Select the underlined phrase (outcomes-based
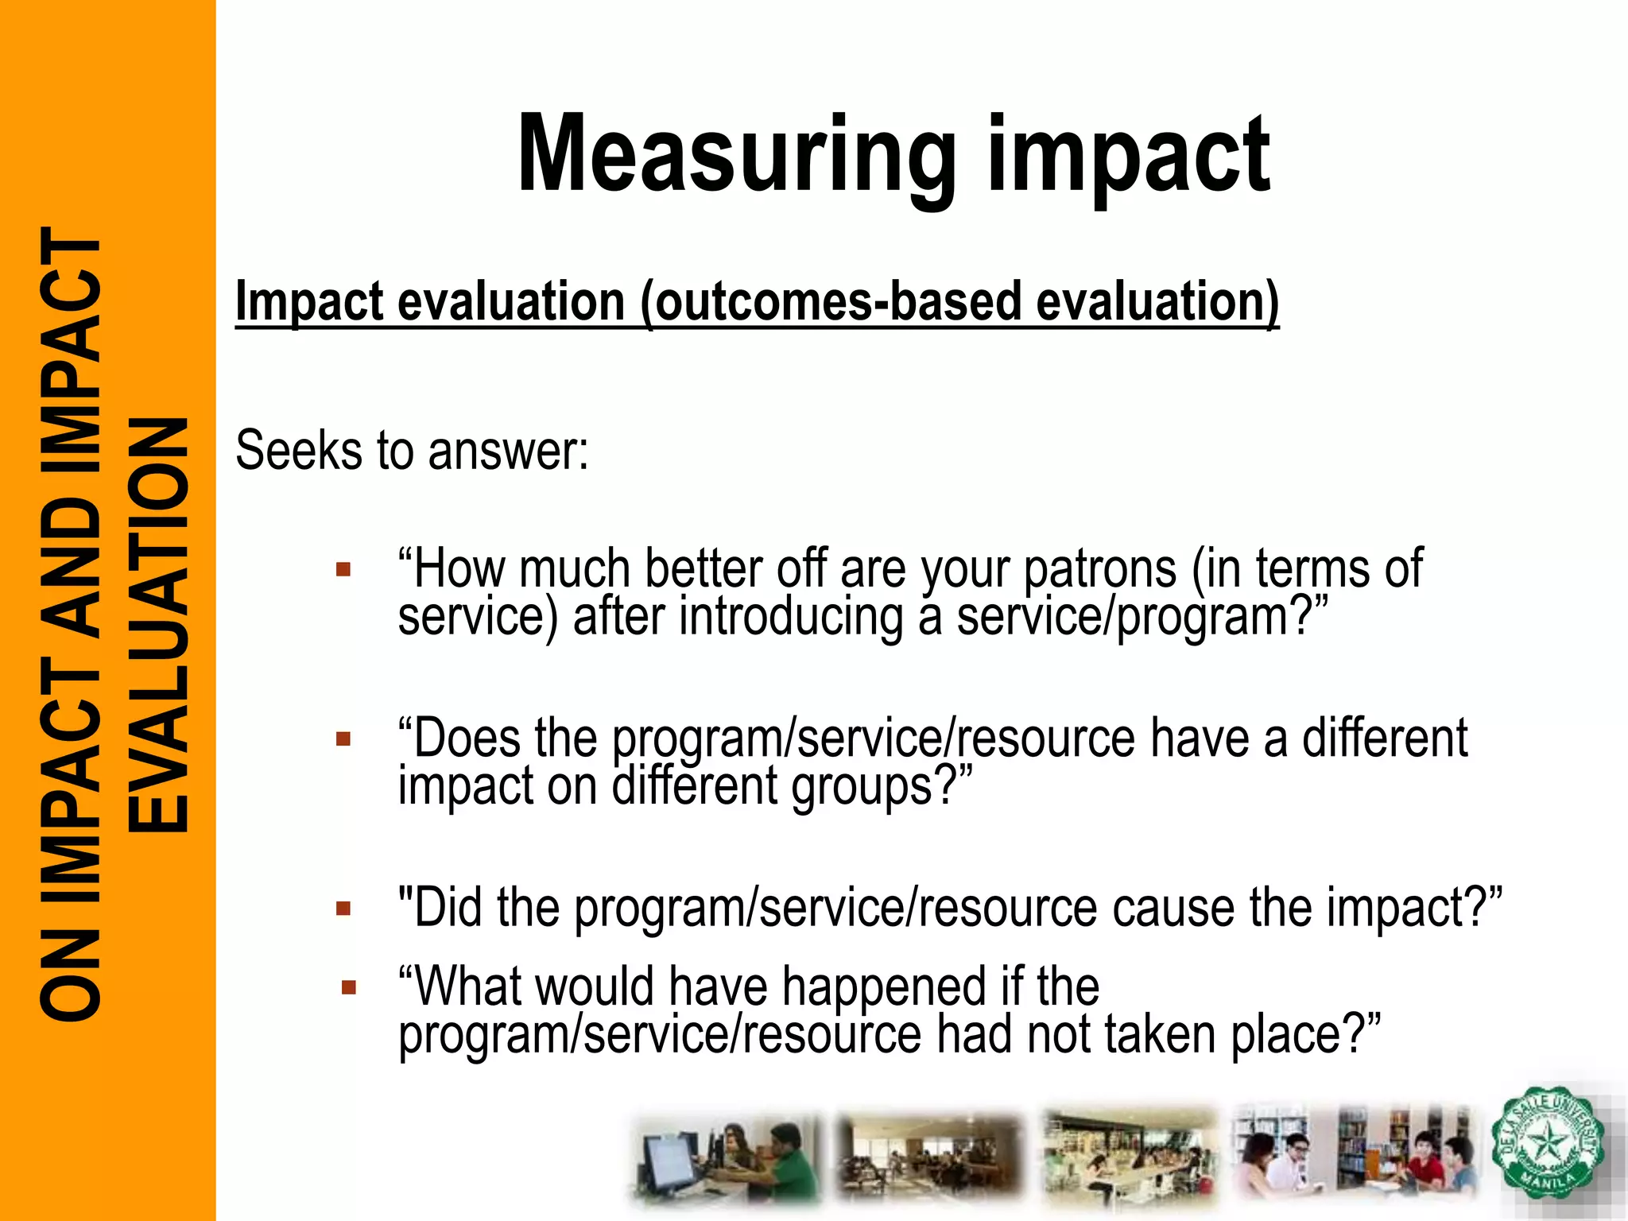[758, 302]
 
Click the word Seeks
[298, 451]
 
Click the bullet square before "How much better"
[343, 569]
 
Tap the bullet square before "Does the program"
[343, 739]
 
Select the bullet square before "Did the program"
[343, 909]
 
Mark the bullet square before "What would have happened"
[348, 988]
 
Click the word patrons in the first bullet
[1099, 570]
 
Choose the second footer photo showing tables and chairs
[930, 1157]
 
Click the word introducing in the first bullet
[791, 618]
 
